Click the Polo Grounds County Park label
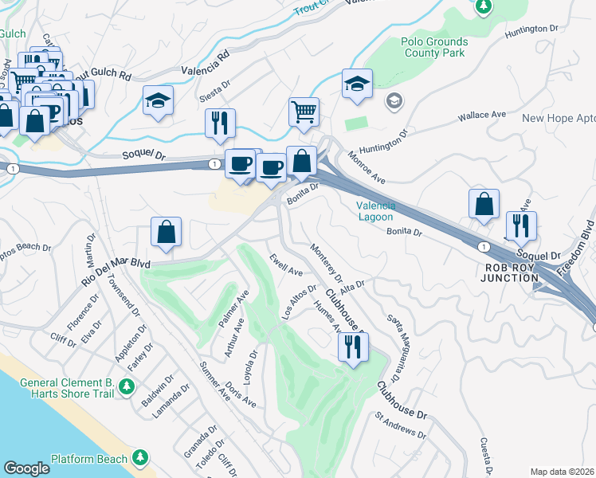tap(431, 47)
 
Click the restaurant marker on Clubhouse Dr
tap(352, 347)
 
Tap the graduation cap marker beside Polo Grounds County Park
tap(357, 84)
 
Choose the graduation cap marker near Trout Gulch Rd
tap(158, 101)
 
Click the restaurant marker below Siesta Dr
tap(220, 123)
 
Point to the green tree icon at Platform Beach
tap(140, 457)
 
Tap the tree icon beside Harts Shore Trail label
tap(126, 387)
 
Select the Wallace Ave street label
tap(482, 116)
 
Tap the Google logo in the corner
tap(26, 468)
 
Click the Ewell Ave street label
tap(285, 264)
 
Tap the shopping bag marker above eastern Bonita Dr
tap(484, 204)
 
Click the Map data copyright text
tap(562, 472)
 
